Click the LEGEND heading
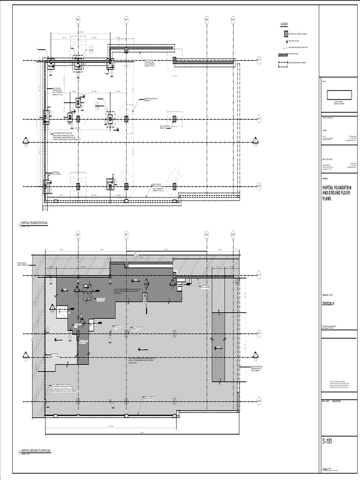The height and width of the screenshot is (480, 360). pyautogui.click(x=284, y=24)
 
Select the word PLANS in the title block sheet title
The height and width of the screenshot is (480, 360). pyautogui.click(x=327, y=198)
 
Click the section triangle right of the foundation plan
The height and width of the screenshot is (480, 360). pyautogui.click(x=255, y=140)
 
